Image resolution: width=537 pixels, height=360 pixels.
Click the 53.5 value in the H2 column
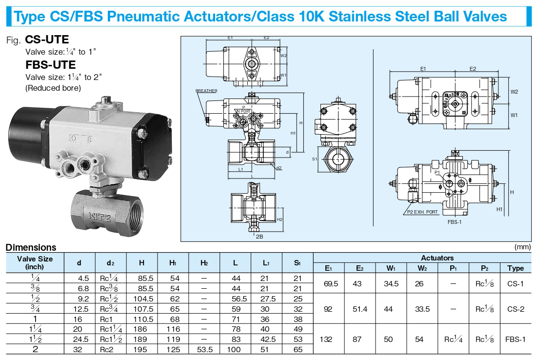(204, 349)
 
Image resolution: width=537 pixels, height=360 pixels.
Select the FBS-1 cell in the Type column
(516, 339)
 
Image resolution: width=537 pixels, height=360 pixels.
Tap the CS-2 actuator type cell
(516, 309)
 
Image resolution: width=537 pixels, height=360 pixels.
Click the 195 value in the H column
(141, 349)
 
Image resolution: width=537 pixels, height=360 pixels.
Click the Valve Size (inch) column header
(35, 263)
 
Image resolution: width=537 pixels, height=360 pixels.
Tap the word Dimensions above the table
(31, 247)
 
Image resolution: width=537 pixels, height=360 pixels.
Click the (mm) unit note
(522, 247)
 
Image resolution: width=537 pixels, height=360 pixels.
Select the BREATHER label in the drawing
(206, 91)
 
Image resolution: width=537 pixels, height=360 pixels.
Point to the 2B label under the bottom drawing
(259, 236)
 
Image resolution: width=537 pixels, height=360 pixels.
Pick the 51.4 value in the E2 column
(360, 309)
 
